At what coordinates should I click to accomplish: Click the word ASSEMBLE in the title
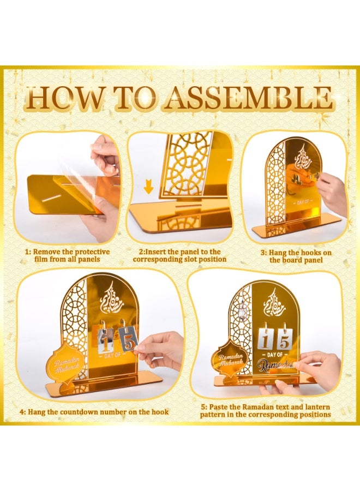click(249, 99)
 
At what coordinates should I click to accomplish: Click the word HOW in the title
click(57, 99)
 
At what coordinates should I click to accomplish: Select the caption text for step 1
click(68, 255)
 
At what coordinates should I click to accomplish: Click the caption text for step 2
click(179, 255)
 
